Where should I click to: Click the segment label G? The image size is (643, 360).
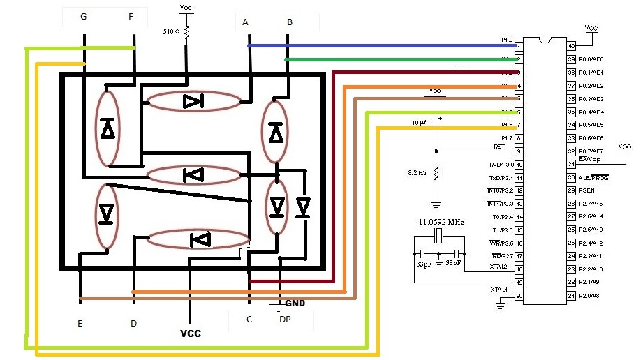(x=84, y=17)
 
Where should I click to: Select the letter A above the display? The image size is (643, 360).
(x=246, y=22)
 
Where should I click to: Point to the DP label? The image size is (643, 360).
(x=285, y=320)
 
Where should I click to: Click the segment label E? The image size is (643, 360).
(x=81, y=324)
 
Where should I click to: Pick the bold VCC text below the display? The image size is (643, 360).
(x=191, y=333)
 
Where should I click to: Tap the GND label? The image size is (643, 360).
(x=295, y=303)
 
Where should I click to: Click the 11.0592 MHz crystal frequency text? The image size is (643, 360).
(x=441, y=222)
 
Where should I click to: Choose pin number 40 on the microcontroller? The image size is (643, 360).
(x=572, y=47)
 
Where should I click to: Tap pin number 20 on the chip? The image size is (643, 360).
(x=519, y=296)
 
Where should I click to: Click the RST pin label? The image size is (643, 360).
(x=499, y=147)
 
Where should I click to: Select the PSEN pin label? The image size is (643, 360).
(x=587, y=190)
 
